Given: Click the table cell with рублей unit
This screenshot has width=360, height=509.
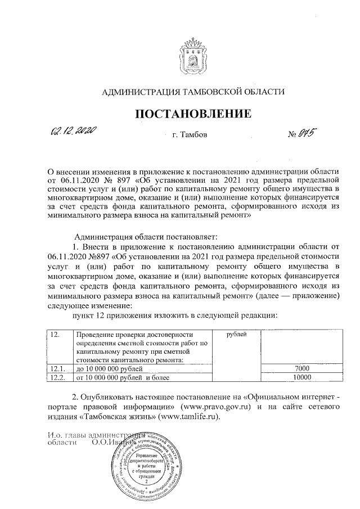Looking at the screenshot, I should tap(237, 335).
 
